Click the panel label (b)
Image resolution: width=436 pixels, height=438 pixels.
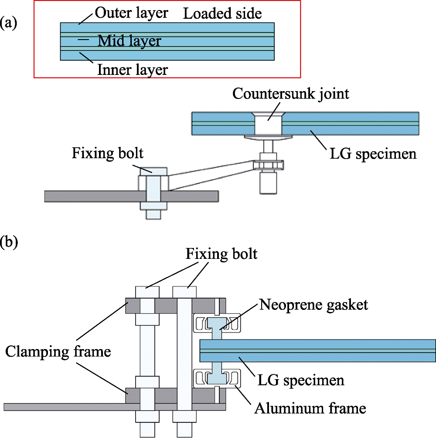[x=9, y=242]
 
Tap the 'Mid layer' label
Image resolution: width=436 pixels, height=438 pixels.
[x=129, y=41]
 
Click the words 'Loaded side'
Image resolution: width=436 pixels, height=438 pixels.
[x=222, y=14]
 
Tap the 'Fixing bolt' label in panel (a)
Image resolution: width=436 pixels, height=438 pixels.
[x=109, y=153]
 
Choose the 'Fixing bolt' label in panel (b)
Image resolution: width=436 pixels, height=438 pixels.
[x=221, y=254]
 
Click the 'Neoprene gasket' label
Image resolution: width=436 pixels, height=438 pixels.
[x=313, y=304]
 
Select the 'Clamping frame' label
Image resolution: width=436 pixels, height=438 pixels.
[x=58, y=351]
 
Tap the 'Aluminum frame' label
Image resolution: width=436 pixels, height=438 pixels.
[x=310, y=408]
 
